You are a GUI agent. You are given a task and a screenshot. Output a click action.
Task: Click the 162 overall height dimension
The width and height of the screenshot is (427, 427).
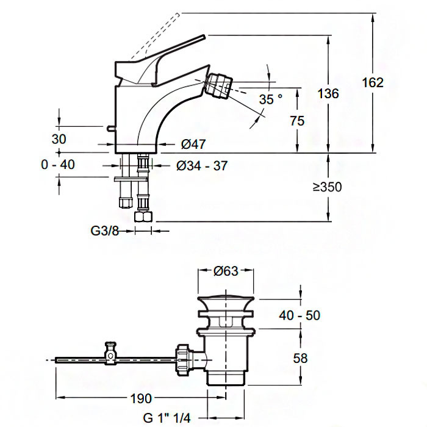coord(373,82)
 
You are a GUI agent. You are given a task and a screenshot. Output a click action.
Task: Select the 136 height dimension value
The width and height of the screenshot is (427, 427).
coord(328,93)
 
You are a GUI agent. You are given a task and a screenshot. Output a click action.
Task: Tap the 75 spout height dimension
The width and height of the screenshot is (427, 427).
coord(298,121)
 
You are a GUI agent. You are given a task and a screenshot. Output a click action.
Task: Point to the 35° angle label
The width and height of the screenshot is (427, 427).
coord(271,99)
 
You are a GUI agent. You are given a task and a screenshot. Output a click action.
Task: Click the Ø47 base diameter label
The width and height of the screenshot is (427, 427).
coord(193,144)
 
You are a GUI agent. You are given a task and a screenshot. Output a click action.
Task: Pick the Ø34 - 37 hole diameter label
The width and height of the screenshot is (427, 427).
coord(202,165)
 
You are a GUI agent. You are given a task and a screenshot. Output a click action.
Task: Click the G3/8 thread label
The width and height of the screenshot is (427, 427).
coord(104,231)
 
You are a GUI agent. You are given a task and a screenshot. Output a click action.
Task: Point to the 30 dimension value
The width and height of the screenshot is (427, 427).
coord(59,138)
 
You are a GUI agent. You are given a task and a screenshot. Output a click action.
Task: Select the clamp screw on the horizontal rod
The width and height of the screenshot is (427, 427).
coord(110,351)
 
